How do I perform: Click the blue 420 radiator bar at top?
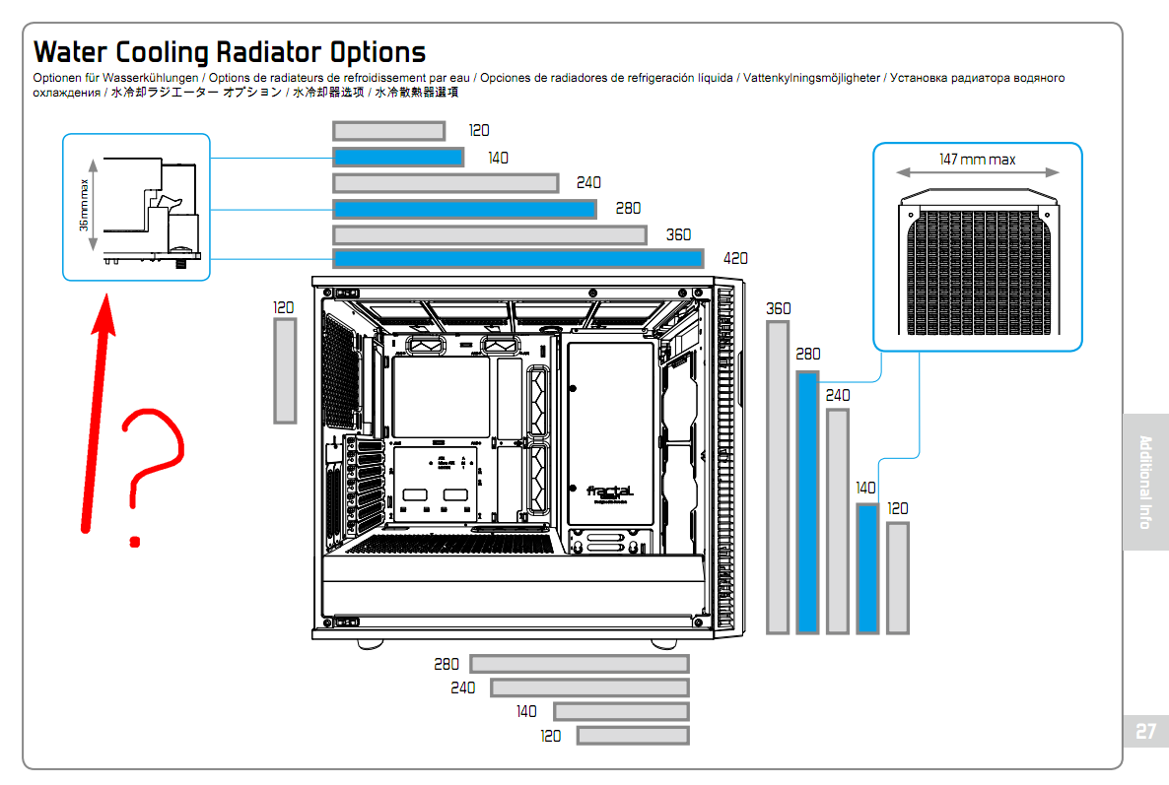point(517,259)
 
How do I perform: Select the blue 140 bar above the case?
point(398,158)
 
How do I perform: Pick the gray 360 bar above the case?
point(489,235)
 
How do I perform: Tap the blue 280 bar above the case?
point(464,209)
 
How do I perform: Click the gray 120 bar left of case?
point(284,370)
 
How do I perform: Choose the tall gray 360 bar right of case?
point(778,476)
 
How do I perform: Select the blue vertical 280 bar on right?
point(807,501)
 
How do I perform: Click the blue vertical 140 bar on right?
point(867,568)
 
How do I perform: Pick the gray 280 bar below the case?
point(580,664)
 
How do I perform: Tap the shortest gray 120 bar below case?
point(633,736)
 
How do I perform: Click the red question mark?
point(150,463)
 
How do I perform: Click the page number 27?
point(1144,732)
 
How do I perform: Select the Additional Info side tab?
point(1144,482)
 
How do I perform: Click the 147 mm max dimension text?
point(977,160)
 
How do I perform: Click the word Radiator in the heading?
point(267,51)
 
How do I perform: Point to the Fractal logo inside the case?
point(610,491)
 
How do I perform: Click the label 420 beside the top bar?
point(735,259)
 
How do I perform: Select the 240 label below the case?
point(463,687)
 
